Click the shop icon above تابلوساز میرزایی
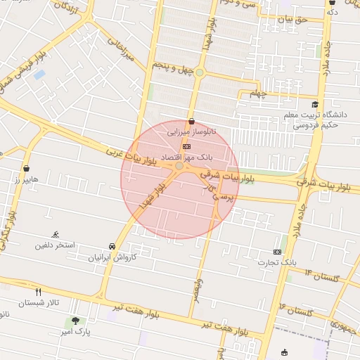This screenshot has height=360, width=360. [191, 121]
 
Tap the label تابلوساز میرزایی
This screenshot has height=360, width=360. [192, 131]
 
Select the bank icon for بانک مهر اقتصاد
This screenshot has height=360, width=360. [186, 146]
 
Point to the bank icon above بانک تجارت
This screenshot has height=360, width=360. [277, 252]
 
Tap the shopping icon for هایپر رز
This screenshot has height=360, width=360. [27, 169]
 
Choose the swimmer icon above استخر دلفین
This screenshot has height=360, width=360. [56, 236]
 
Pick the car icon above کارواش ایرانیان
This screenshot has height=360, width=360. [112, 246]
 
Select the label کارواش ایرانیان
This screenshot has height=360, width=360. [112, 257]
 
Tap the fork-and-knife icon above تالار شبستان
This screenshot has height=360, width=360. [38, 292]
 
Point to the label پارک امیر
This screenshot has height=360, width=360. [75, 331]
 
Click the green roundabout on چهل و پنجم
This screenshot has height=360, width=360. [200, 72]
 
